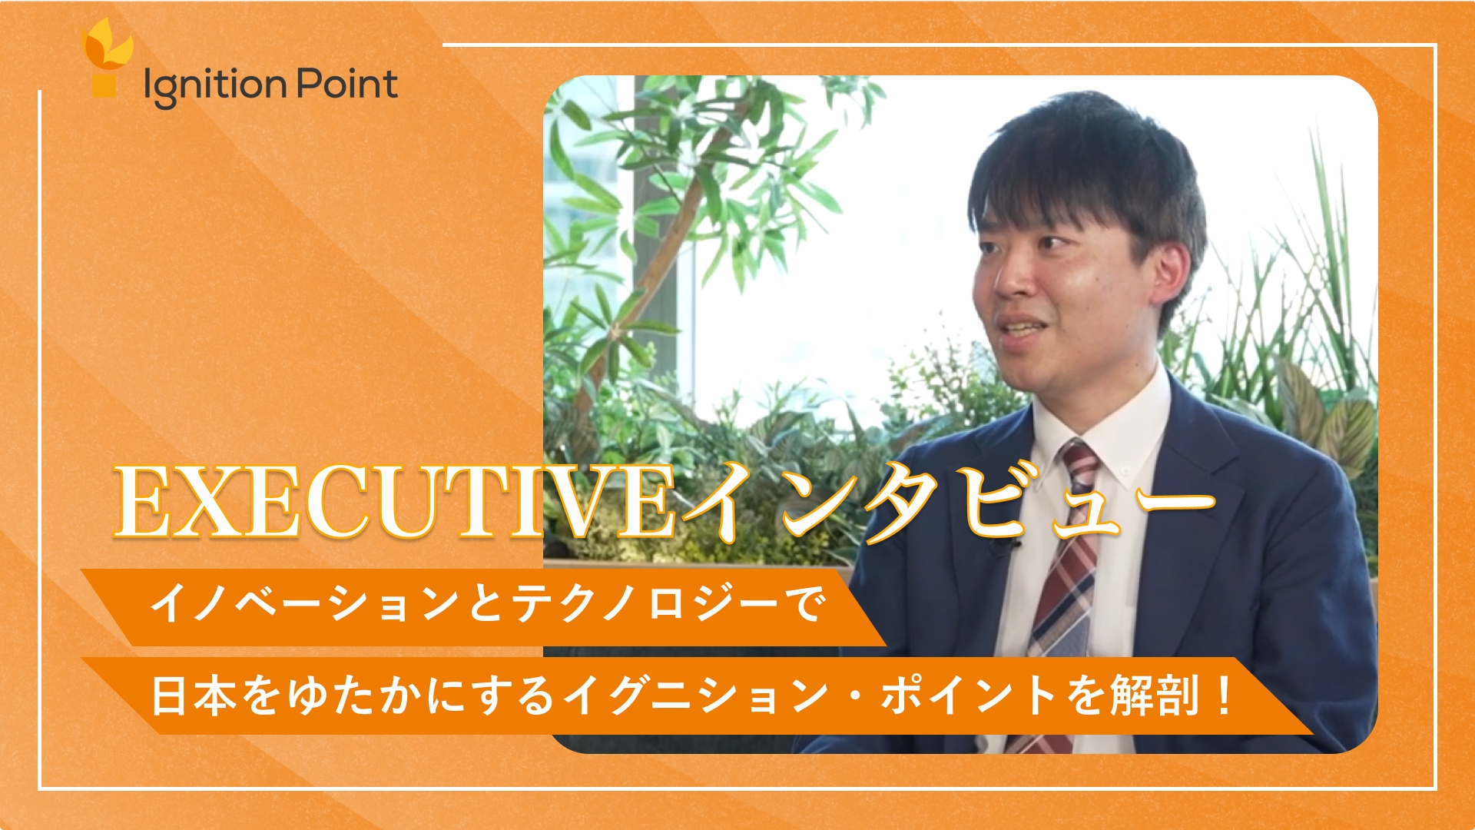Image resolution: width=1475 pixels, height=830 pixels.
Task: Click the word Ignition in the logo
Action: pyautogui.click(x=212, y=85)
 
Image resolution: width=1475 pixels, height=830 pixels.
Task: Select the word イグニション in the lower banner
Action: pyautogui.click(x=696, y=696)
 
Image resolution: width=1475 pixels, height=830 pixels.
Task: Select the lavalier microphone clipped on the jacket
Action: pyautogui.click(x=1003, y=546)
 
